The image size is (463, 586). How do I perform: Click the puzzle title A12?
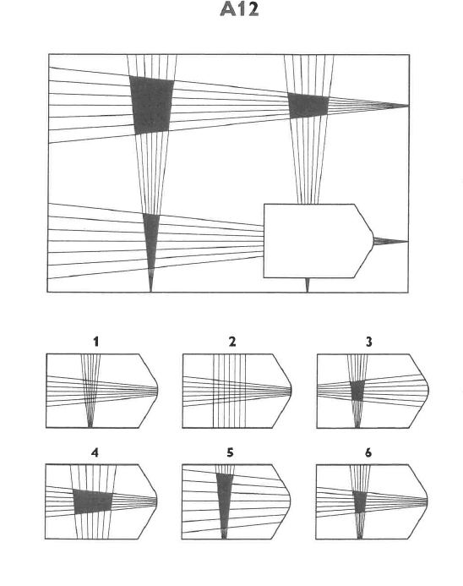[x=239, y=9]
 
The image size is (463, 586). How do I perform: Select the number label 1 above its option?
[x=96, y=342]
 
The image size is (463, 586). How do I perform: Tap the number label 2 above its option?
[x=232, y=342]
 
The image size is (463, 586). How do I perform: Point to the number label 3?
[x=369, y=342]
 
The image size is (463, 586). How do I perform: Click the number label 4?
[x=95, y=452]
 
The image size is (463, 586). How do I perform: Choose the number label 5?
[x=230, y=452]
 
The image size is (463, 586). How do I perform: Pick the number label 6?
[x=368, y=452]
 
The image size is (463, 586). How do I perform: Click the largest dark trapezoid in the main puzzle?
[x=152, y=105]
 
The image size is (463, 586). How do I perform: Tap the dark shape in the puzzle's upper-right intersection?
[x=308, y=106]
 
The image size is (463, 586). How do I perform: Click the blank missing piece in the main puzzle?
[x=319, y=241]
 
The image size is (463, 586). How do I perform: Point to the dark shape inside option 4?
[x=93, y=501]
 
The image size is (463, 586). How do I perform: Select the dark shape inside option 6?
[x=360, y=502]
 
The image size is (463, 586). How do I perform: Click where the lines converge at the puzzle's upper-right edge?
[x=408, y=106]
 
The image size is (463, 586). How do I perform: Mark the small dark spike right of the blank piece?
[x=390, y=242]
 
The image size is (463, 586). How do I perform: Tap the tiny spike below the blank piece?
[x=308, y=285]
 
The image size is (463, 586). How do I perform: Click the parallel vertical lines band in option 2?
[x=229, y=391]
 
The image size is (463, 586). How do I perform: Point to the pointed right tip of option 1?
[x=157, y=391]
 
